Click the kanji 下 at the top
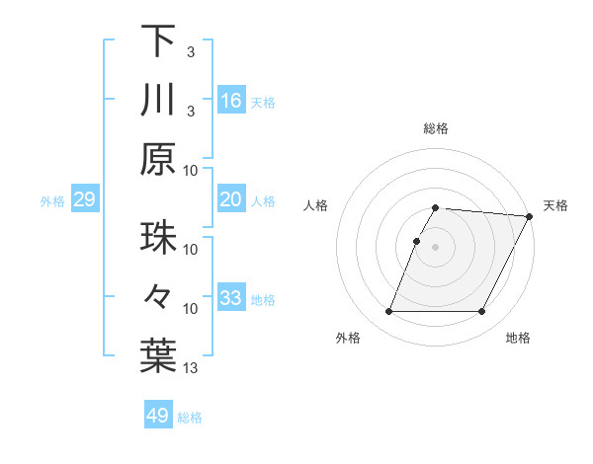click(158, 41)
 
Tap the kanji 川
click(158, 101)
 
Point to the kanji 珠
click(158, 239)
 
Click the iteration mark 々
click(158, 298)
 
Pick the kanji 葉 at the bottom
click(158, 357)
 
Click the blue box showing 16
click(231, 101)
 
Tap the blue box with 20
click(231, 199)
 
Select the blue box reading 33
click(231, 298)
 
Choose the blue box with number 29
click(84, 200)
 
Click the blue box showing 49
click(158, 416)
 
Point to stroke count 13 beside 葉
click(191, 369)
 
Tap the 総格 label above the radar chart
click(436, 128)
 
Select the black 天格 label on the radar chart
click(556, 205)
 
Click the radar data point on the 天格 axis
click(530, 216)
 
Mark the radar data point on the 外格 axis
click(388, 312)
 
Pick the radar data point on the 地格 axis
click(482, 312)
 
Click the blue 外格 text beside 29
click(52, 201)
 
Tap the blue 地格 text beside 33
click(263, 299)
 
